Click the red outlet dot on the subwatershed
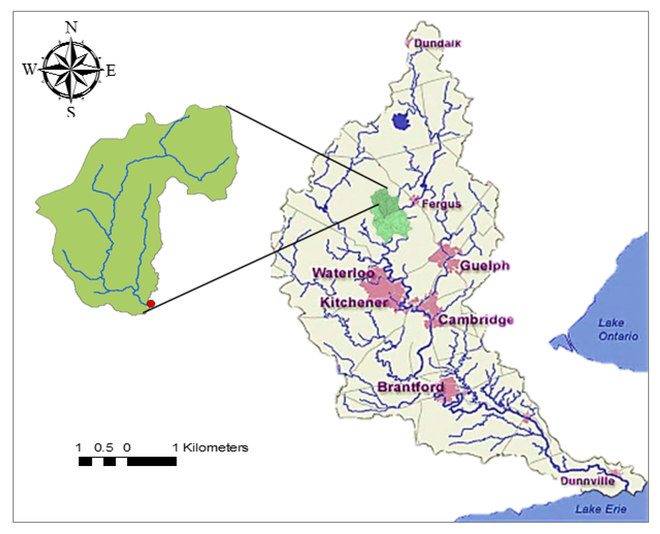coord(150,304)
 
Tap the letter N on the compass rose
coord(71,28)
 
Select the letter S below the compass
coord(71,112)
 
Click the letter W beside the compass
coord(29,70)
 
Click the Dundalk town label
coord(437,43)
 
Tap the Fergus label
coord(441,204)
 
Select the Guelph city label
coord(485,266)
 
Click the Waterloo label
coord(343,273)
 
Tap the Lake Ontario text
coord(617,329)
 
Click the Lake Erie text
coord(601,509)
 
